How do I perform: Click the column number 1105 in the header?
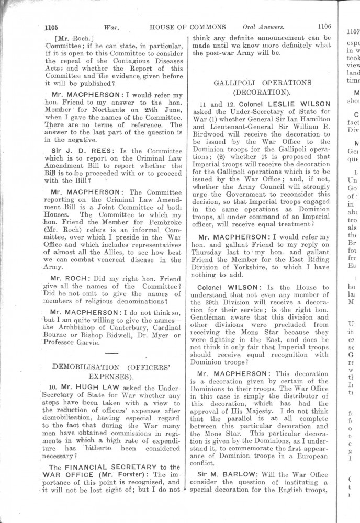[x=53, y=27]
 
